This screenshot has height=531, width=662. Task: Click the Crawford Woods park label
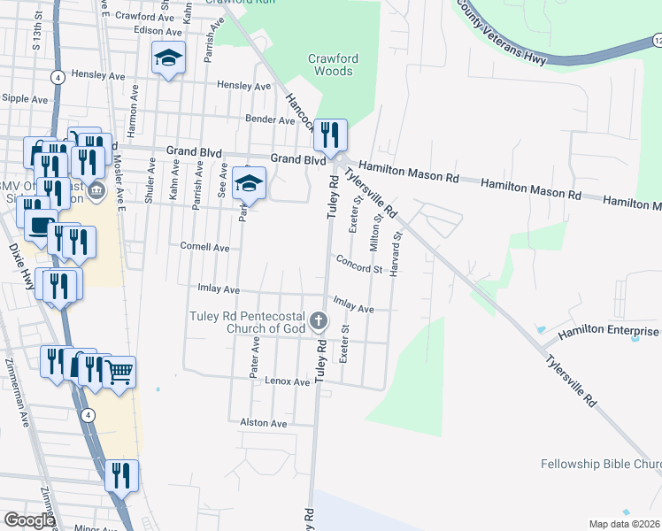click(333, 65)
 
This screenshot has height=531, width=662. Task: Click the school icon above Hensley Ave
click(168, 58)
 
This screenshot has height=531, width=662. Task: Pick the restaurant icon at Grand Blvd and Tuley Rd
click(330, 135)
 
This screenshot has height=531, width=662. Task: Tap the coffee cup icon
click(38, 225)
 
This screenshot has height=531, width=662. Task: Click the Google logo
click(29, 520)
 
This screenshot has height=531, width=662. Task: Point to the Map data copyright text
click(624, 524)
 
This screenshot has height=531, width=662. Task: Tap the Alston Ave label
click(264, 423)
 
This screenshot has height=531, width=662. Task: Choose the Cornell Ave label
click(204, 247)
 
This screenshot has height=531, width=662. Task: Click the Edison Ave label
click(133, 30)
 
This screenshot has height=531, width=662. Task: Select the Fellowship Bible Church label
click(601, 464)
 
